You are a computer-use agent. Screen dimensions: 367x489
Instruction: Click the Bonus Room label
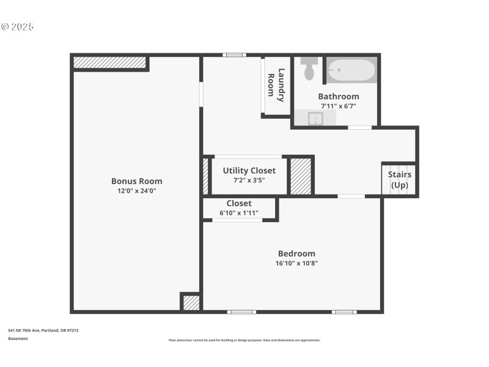pos(136,181)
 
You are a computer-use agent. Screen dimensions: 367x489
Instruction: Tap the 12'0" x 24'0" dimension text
pos(136,191)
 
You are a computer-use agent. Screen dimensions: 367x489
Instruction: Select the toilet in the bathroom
pos(309,69)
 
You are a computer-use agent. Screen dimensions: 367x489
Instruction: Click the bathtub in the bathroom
pos(350,70)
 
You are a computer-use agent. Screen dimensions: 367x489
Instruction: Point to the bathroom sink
pos(315,118)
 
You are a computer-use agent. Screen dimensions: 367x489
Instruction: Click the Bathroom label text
pos(339,97)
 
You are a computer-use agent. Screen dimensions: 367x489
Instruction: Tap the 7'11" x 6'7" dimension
pos(339,106)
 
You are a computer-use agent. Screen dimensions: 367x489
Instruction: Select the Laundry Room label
pos(276,85)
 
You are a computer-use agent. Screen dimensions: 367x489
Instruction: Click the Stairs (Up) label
pos(399,180)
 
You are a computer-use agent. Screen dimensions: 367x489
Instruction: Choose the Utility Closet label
pos(249,171)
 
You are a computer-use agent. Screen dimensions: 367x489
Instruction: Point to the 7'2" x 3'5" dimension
pos(249,180)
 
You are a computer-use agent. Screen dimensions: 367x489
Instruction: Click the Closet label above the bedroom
pos(239,204)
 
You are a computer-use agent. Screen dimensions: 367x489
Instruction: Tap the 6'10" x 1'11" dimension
pos(239,213)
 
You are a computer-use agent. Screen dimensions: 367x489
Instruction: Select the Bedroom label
pos(296,254)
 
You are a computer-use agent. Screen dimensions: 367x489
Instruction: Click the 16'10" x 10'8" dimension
pos(296,264)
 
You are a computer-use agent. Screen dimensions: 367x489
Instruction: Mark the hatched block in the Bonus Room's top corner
pos(110,62)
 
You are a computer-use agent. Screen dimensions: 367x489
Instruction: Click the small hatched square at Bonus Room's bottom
pos(191,303)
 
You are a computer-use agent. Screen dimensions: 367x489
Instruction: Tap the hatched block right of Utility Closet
pos(300,176)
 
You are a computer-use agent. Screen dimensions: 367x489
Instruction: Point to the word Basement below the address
pos(18,338)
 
